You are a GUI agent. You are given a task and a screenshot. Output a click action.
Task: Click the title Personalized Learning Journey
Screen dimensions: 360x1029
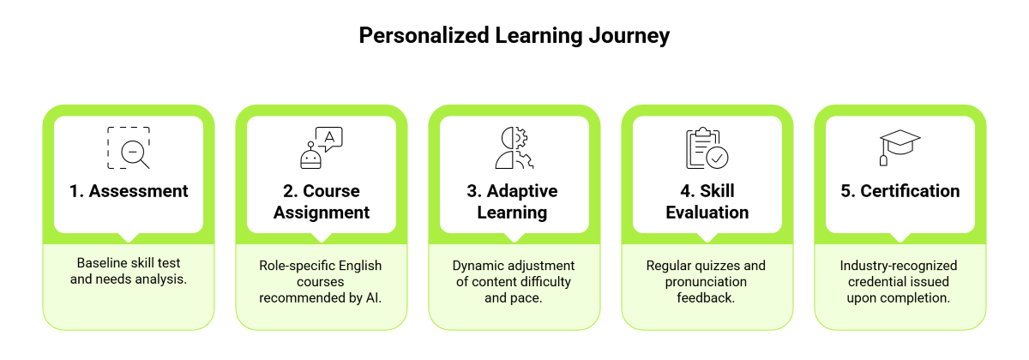coord(514,36)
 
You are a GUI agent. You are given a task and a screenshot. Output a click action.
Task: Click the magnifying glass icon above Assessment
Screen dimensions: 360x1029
coord(129,147)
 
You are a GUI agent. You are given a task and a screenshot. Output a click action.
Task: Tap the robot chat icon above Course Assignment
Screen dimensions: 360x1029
coord(320,147)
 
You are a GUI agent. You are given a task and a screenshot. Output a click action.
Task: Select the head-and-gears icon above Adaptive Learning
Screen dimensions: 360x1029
coord(514,147)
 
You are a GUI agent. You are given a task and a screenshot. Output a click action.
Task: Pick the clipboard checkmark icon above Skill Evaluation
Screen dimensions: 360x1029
coord(707,147)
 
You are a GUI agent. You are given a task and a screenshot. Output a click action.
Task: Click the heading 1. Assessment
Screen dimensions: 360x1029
coord(129,191)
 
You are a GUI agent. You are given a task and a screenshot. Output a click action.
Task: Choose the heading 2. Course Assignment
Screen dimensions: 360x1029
coord(322,201)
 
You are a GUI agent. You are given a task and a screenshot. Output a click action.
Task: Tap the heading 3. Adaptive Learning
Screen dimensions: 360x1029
coord(514,201)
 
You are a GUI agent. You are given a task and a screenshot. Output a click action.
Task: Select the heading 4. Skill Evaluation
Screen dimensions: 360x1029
coord(707,201)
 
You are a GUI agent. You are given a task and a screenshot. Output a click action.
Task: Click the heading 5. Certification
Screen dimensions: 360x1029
coord(900,191)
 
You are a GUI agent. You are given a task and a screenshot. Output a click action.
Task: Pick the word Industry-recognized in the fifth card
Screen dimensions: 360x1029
coord(899,266)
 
